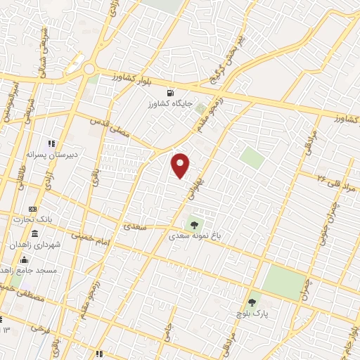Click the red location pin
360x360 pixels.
181,165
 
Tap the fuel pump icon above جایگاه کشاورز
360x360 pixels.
169,93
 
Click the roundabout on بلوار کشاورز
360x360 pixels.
89,69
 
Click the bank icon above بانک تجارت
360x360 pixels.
32,209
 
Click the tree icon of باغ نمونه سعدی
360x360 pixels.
195,225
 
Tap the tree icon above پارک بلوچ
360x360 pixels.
252,302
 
